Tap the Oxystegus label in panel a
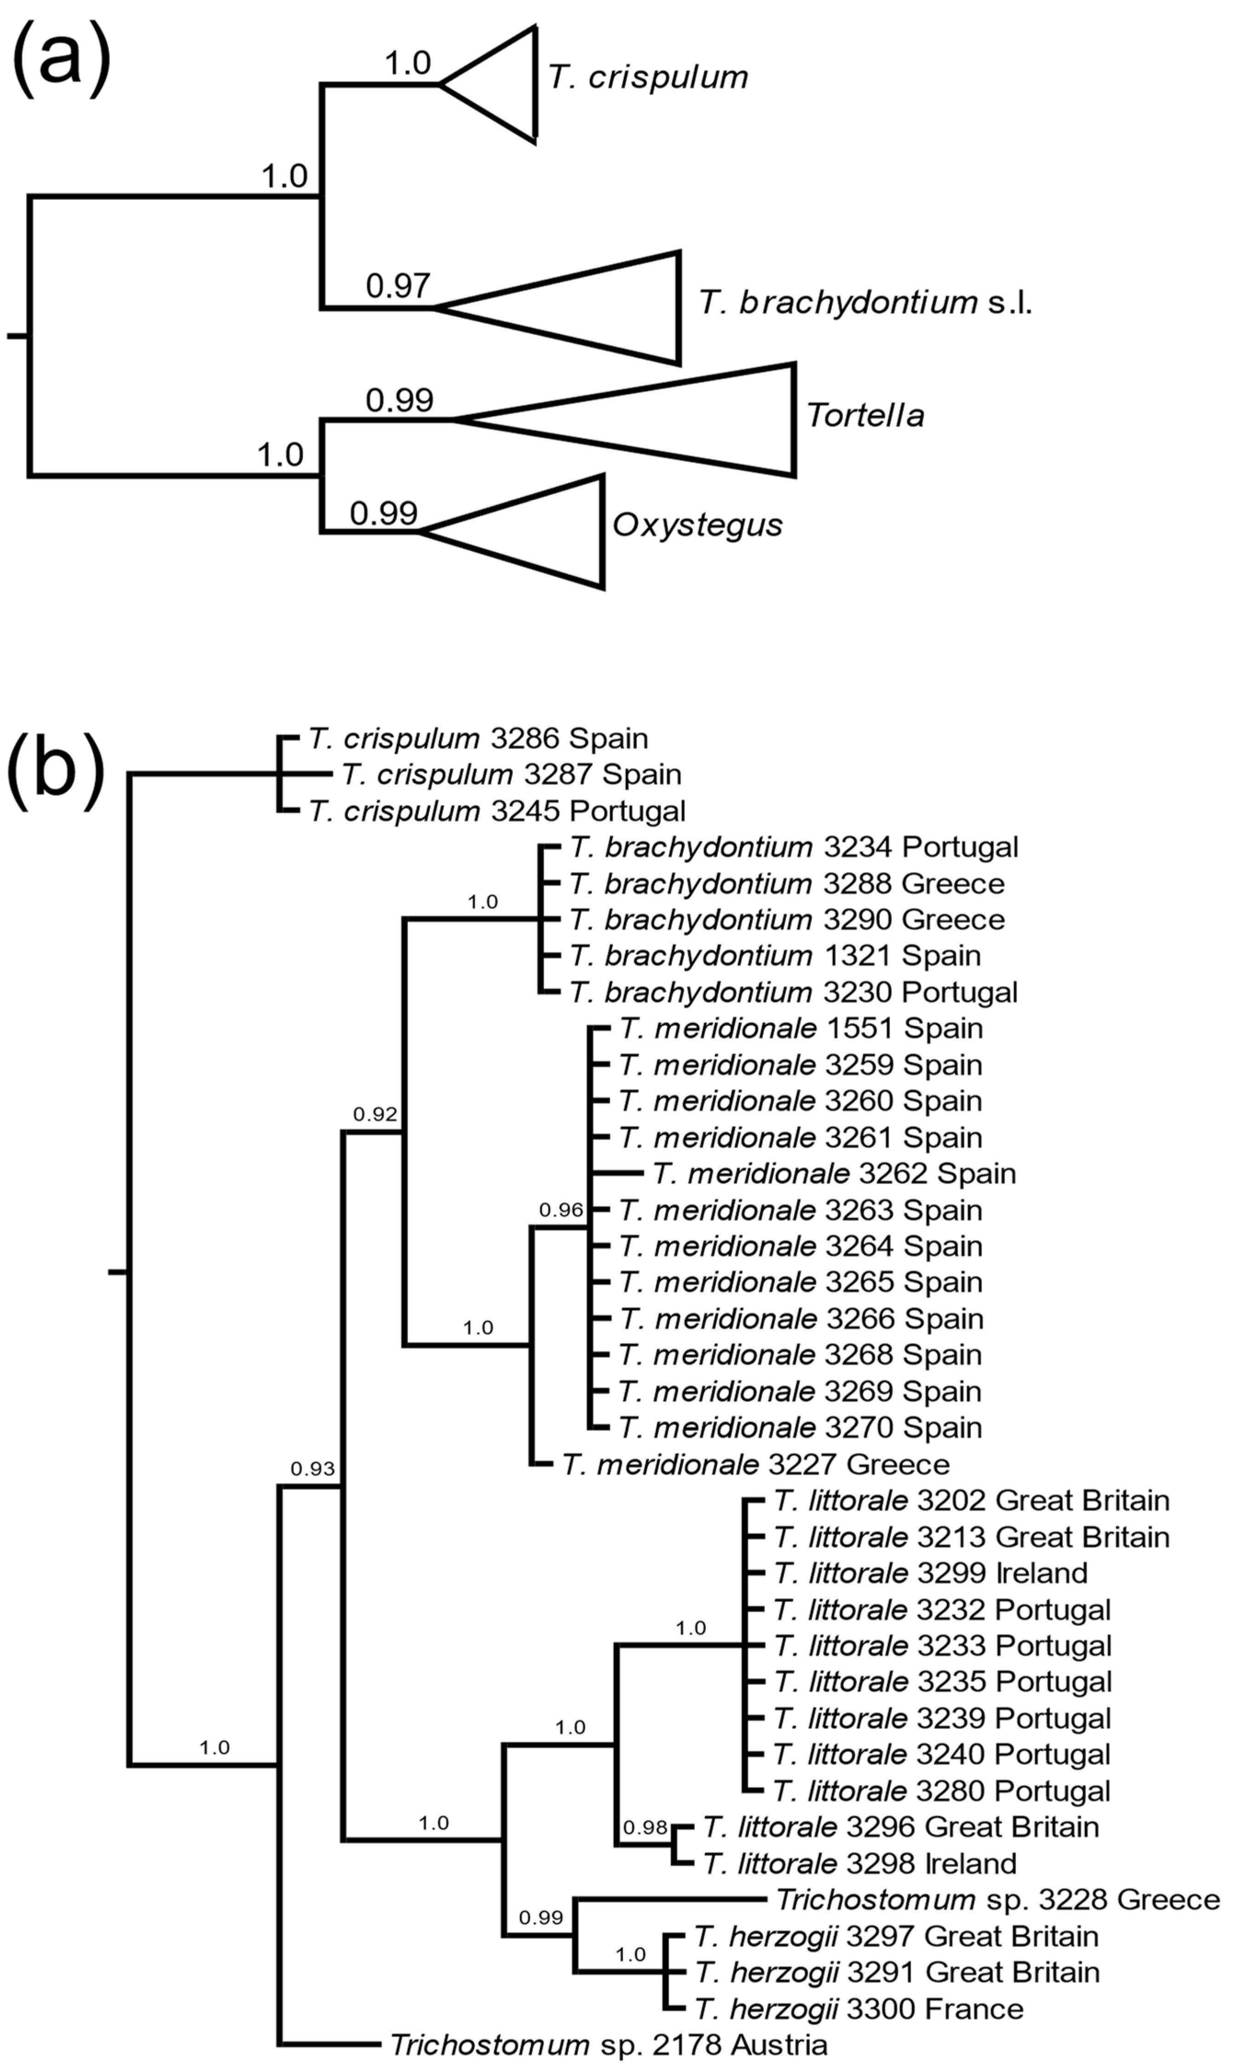click(x=697, y=525)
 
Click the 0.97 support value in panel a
click(x=398, y=286)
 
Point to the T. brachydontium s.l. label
click(x=865, y=302)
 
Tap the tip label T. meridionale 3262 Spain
click(x=834, y=1173)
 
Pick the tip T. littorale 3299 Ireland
click(x=930, y=1572)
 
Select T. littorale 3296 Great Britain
click(x=900, y=1827)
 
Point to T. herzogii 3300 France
click(x=859, y=2009)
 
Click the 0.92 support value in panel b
click(x=374, y=1114)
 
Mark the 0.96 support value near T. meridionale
click(x=560, y=1209)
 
